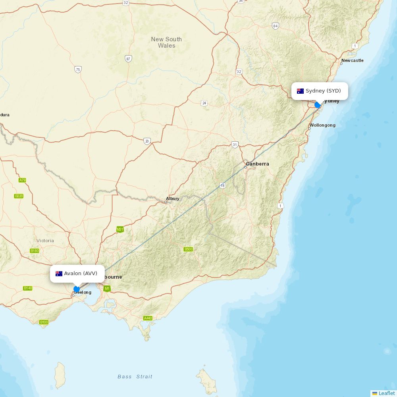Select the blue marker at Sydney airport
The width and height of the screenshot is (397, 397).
pos(318,105)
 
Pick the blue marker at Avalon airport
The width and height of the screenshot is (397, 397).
pos(77,289)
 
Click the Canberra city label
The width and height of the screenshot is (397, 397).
pos(257,164)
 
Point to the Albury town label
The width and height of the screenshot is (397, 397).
pos(173,198)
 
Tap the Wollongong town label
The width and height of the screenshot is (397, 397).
pos(322,125)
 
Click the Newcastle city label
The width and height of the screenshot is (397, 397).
pos(352,60)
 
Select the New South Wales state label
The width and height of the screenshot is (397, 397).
pos(166,42)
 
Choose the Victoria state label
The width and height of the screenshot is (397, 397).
pos(45,241)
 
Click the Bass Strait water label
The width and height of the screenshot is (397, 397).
pos(135,376)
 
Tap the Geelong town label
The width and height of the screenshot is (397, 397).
pos(83,292)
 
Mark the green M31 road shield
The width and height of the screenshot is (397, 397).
pos(120,229)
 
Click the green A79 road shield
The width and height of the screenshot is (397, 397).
pos(22,180)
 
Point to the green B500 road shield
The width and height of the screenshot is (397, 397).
pos(188,249)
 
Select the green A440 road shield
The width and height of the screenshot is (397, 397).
pos(148,318)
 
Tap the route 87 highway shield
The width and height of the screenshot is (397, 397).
pos(128,59)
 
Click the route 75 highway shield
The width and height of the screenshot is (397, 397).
pos(78,69)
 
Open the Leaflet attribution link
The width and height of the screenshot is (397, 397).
pos(387,393)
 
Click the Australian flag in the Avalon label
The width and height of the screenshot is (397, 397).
pos(59,274)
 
